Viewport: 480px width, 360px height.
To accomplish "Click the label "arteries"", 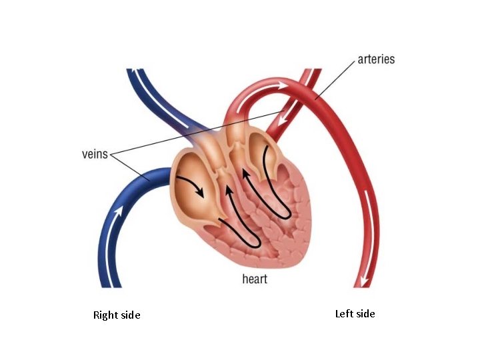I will coord(376,59).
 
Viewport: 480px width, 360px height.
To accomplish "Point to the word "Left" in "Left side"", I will coord(344,314).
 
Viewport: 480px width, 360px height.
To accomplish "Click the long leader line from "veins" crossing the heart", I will coord(200,133).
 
